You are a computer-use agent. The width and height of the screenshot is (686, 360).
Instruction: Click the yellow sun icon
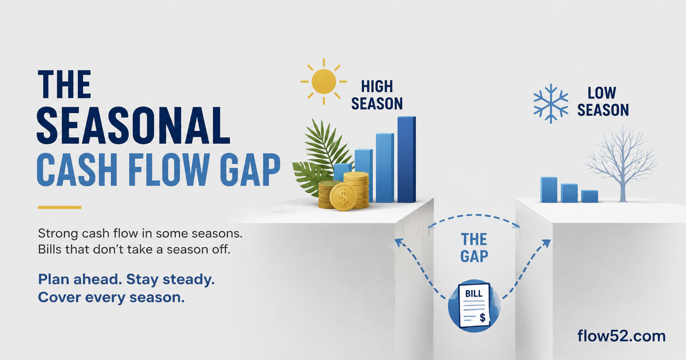(x=324, y=82)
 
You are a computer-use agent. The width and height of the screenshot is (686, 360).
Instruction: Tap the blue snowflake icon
(x=550, y=103)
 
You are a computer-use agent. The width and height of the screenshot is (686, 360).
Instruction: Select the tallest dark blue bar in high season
(x=407, y=160)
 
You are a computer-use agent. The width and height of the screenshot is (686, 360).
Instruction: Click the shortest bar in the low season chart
(x=590, y=196)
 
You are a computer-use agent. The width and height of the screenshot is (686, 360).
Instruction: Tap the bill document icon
(x=474, y=305)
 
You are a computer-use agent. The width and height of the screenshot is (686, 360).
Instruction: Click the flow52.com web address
(x=621, y=336)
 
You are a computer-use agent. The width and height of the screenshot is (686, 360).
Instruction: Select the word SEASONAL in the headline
(x=133, y=126)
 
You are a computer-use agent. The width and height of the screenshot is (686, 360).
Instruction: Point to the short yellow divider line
(x=59, y=207)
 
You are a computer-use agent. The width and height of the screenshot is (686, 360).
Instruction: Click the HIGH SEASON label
(x=377, y=95)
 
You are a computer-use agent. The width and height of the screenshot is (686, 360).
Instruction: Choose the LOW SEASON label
(x=603, y=102)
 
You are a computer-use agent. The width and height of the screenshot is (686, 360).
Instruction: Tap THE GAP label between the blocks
(x=474, y=248)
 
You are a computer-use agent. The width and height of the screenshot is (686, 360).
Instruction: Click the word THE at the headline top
(x=65, y=84)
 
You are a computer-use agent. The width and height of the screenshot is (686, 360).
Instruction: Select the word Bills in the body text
(x=50, y=250)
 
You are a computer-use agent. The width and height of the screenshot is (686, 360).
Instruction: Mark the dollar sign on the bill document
(x=482, y=317)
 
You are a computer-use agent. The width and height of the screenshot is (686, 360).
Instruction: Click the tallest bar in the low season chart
(x=549, y=190)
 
